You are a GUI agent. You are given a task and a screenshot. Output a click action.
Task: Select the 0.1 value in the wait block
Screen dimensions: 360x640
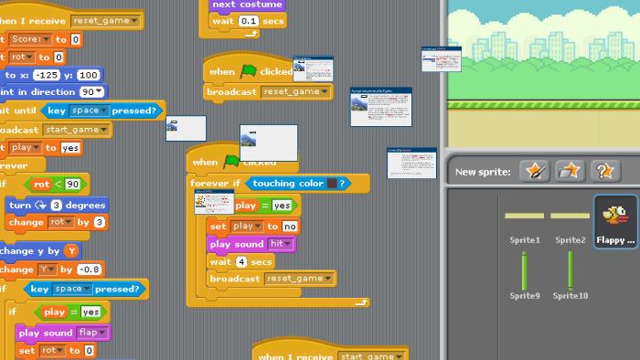point(248,21)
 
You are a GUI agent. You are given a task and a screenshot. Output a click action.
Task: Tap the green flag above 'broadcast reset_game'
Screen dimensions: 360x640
point(248,71)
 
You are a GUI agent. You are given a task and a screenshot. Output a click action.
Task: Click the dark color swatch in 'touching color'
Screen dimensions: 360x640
point(332,184)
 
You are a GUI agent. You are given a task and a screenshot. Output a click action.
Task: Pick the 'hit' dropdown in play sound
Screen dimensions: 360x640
point(279,244)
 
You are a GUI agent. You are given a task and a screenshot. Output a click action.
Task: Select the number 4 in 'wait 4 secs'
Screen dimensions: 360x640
point(240,261)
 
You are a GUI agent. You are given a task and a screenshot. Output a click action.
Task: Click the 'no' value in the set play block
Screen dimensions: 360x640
point(290,226)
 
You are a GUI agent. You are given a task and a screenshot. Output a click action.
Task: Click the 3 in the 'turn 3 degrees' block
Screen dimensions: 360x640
point(57,205)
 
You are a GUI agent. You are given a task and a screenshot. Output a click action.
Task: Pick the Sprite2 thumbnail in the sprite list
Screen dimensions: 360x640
point(570,217)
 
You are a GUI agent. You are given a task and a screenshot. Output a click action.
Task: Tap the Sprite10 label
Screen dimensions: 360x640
point(570,296)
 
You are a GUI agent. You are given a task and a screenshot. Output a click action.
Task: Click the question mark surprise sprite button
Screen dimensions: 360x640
point(603,171)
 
